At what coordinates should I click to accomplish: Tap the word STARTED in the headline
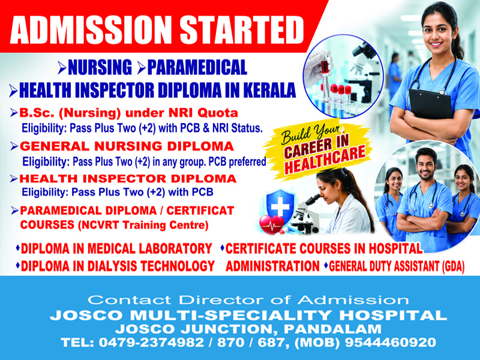[242, 29]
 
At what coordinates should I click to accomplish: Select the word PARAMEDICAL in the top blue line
[197, 68]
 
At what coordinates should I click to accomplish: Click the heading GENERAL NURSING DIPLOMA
[127, 146]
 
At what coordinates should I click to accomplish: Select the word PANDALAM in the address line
[332, 329]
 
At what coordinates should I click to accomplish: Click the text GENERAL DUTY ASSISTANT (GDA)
[397, 266]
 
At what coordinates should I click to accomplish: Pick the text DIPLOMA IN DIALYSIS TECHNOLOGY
[118, 266]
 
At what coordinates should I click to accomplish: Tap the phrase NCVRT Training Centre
[143, 226]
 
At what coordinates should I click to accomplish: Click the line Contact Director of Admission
[248, 299]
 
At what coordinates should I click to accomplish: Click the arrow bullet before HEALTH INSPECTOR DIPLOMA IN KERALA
[13, 90]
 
